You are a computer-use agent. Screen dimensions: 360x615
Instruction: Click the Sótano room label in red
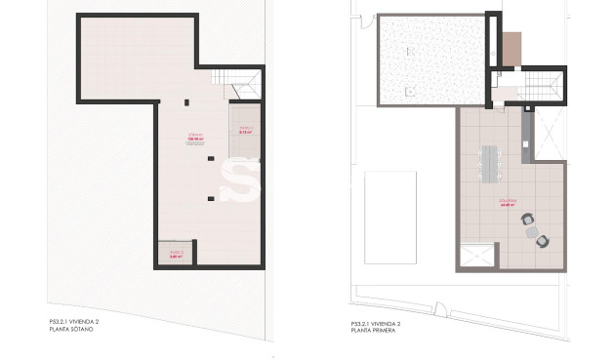click(x=193, y=138)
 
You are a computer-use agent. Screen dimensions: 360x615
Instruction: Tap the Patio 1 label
click(x=245, y=130)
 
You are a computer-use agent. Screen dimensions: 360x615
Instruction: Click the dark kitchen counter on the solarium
click(x=526, y=137)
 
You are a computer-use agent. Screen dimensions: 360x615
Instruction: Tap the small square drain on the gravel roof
click(x=413, y=89)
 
